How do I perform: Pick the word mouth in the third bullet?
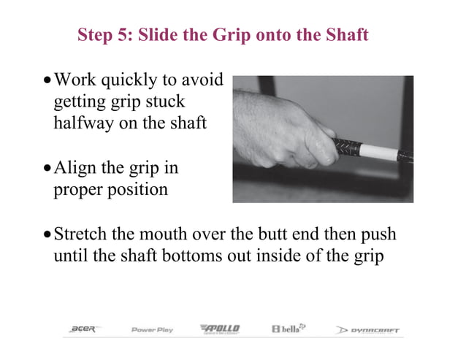click(195, 234)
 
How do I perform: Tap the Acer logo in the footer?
click(82, 330)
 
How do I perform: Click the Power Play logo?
click(152, 330)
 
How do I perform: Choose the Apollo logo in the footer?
click(219, 329)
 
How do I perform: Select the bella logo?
click(289, 329)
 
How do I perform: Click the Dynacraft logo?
click(368, 330)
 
